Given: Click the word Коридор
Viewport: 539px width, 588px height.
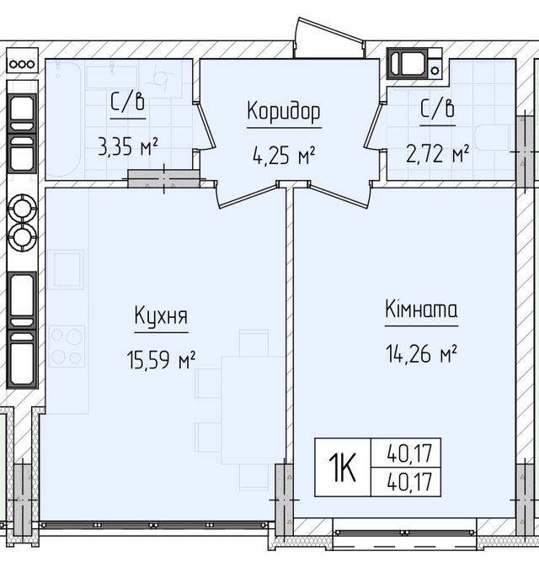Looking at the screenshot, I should (284, 113).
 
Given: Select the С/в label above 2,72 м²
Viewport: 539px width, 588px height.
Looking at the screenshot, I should (438, 109).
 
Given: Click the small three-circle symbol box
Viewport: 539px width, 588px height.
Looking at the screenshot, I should (21, 62).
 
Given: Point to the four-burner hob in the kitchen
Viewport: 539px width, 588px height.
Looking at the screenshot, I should (67, 345).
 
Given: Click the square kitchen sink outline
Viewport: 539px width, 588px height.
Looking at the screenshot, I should (67, 268).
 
